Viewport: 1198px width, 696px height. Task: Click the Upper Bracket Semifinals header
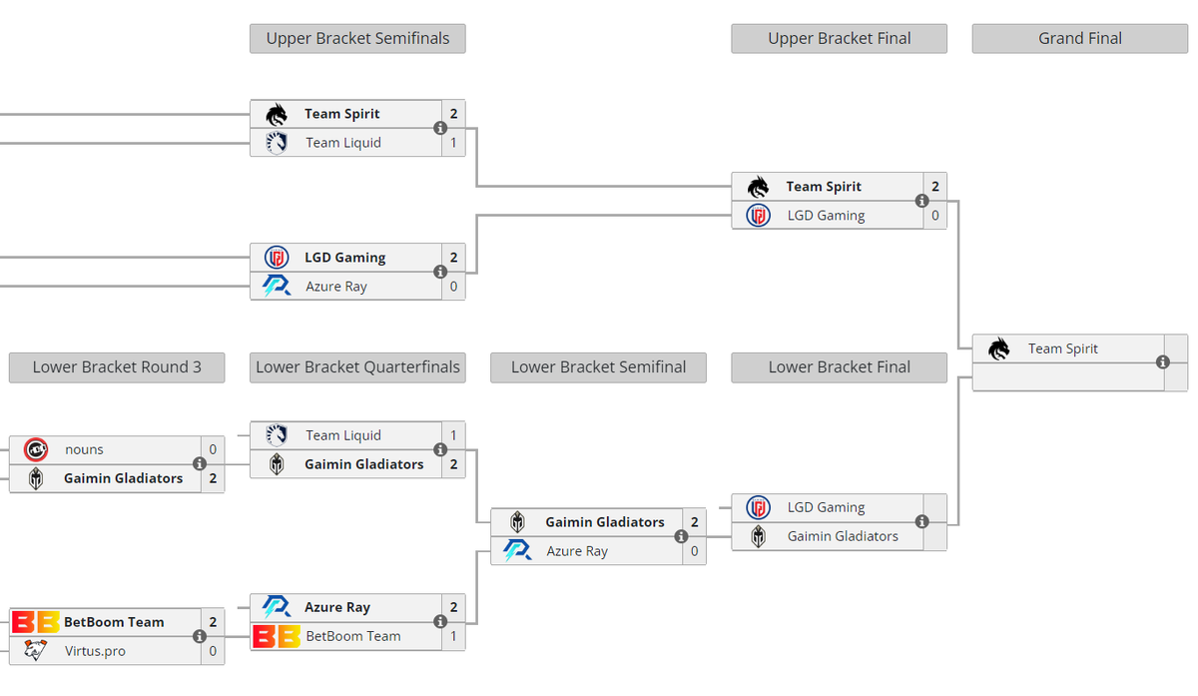(x=357, y=39)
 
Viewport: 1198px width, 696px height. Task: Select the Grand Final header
(x=1080, y=39)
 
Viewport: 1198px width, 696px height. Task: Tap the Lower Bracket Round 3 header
(x=117, y=367)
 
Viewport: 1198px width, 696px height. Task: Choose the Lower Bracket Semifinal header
(x=598, y=367)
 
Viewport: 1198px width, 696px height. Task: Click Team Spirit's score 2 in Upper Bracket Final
(x=934, y=186)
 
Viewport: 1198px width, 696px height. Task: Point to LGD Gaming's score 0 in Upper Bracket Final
(x=934, y=215)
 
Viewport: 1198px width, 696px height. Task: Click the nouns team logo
(x=36, y=449)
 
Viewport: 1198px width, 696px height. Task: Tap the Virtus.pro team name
(x=95, y=651)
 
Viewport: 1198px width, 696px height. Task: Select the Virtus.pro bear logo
(x=35, y=650)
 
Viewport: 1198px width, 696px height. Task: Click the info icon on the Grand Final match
(x=1162, y=362)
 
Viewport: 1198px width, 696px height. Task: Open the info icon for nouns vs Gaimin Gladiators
(x=200, y=463)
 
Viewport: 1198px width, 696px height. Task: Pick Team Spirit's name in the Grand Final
(x=1062, y=348)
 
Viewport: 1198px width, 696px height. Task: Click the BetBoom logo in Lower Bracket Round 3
(x=35, y=622)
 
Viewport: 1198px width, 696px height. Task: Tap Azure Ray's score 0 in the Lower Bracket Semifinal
(x=694, y=551)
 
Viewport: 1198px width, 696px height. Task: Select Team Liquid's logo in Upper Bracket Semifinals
(x=277, y=143)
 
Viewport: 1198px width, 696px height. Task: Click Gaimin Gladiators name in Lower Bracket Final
(x=843, y=536)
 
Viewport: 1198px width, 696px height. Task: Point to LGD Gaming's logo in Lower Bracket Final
(x=758, y=507)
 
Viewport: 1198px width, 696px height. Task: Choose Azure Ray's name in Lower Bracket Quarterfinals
(x=337, y=607)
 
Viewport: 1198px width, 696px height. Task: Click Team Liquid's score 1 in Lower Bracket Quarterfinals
(x=453, y=435)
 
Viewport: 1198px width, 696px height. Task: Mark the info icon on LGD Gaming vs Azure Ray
(x=440, y=272)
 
